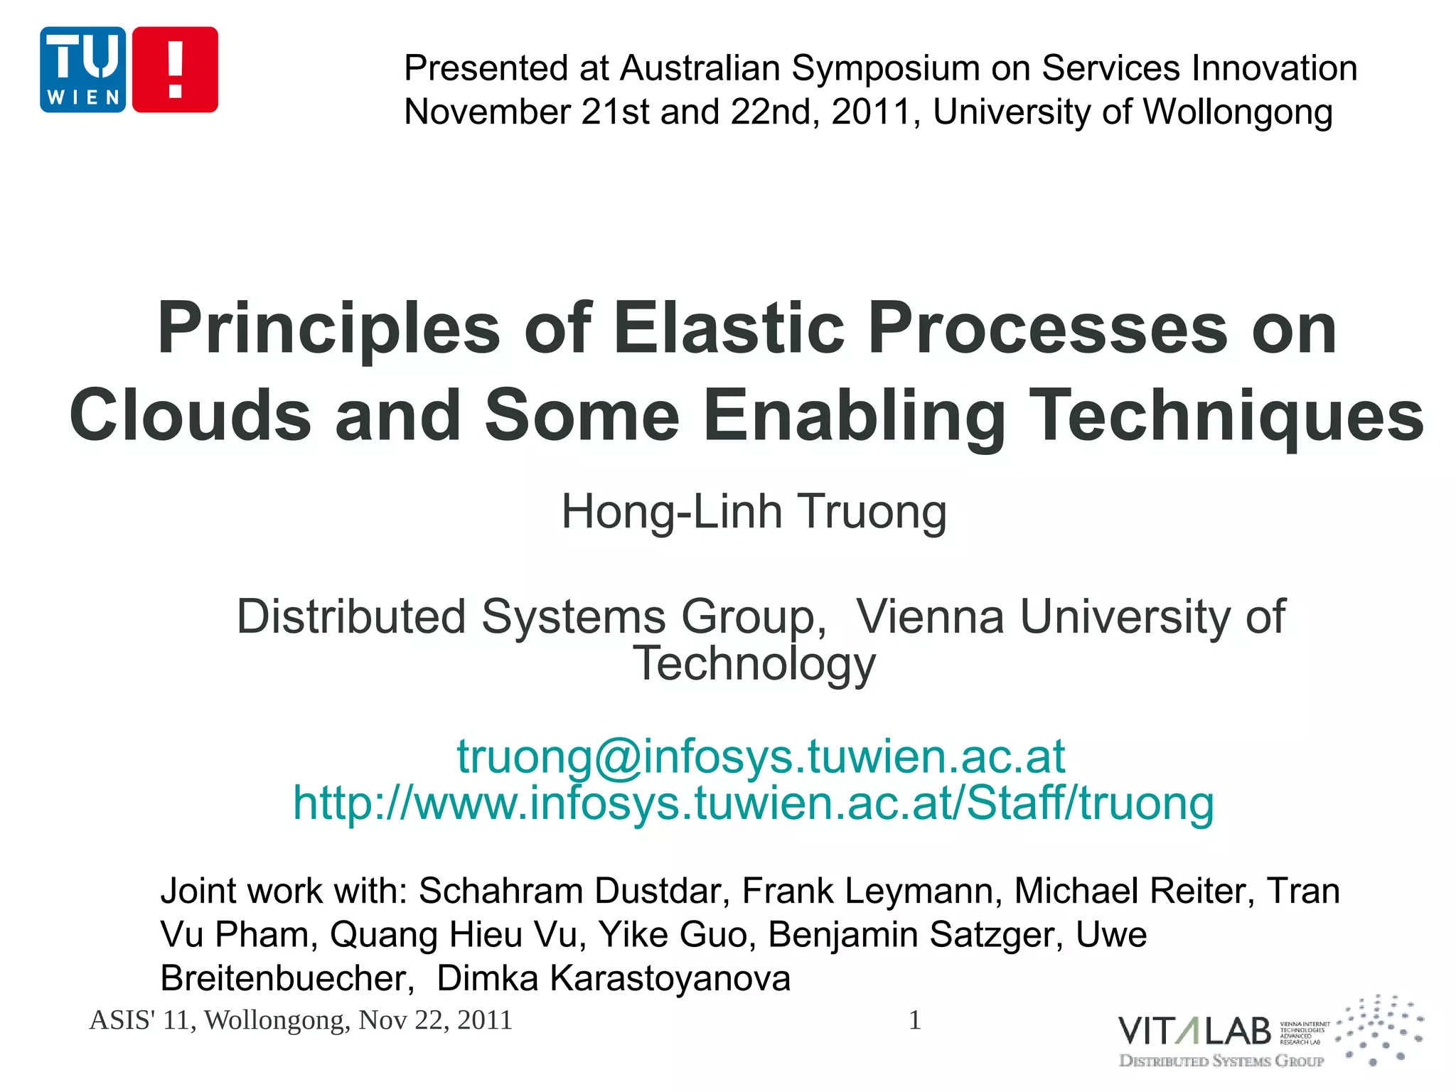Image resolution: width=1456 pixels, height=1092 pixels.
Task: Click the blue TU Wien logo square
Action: click(x=83, y=70)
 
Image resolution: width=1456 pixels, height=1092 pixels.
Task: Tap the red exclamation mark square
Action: click(x=175, y=70)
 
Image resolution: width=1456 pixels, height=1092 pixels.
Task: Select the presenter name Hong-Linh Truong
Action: click(x=754, y=512)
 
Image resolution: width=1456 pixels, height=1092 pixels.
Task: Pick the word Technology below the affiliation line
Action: click(x=754, y=664)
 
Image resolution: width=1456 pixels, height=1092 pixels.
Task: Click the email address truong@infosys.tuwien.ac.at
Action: click(x=760, y=756)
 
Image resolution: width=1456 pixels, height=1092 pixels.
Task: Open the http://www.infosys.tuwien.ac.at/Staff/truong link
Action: click(x=754, y=803)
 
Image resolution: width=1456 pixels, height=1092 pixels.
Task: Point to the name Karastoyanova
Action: click(x=670, y=978)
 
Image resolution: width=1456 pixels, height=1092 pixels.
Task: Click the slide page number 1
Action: click(x=915, y=1020)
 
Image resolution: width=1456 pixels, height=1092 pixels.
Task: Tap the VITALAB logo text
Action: click(x=1194, y=1031)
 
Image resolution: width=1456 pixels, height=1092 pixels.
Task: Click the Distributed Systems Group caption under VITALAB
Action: click(x=1221, y=1061)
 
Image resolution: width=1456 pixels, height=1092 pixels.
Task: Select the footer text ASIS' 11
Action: click(x=140, y=1020)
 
